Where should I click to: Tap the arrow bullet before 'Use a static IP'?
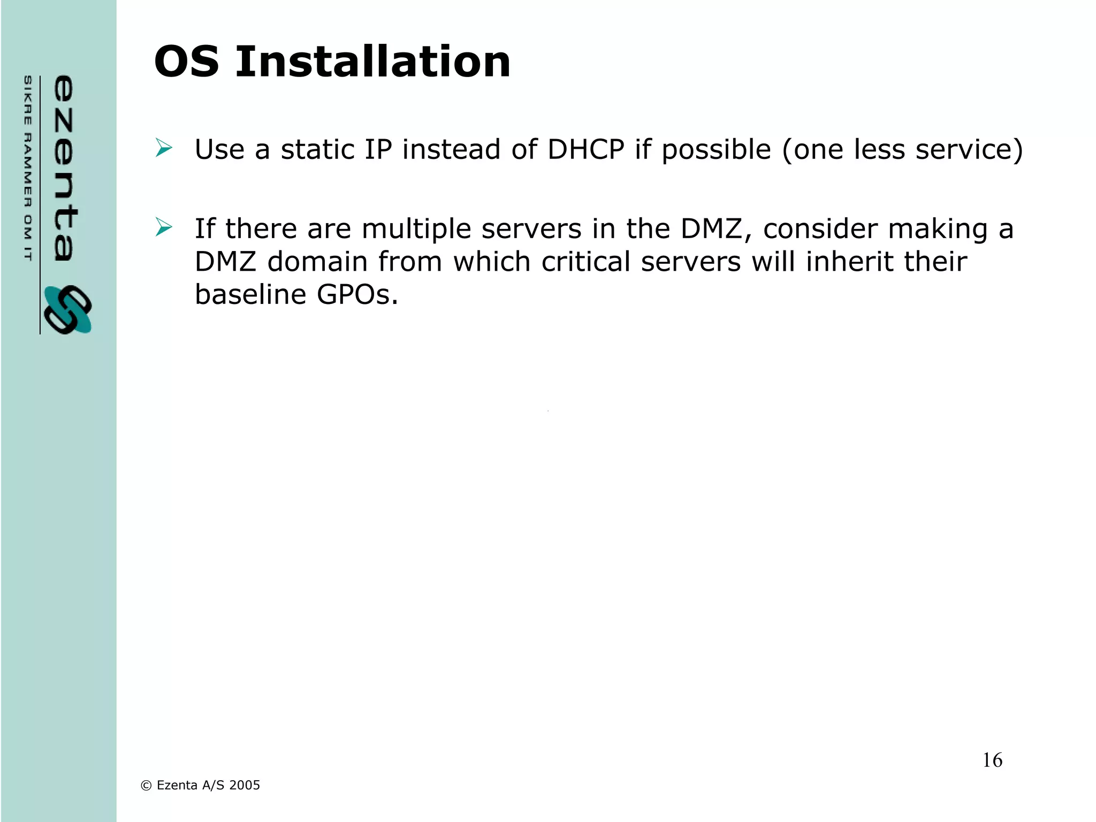(x=164, y=148)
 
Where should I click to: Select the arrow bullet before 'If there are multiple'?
(x=164, y=227)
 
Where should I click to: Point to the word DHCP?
(x=585, y=149)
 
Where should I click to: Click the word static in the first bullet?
(x=317, y=149)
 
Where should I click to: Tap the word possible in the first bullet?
(x=717, y=150)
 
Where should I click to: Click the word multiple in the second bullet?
(x=416, y=229)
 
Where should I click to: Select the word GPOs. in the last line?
(x=357, y=294)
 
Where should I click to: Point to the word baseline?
(x=250, y=294)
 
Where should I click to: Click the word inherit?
(x=844, y=262)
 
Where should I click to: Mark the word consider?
(x=820, y=229)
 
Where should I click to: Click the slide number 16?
(x=992, y=760)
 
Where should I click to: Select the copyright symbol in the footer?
(x=146, y=786)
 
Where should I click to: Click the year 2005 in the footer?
(x=245, y=785)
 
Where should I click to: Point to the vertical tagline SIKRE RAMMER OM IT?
(x=28, y=168)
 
